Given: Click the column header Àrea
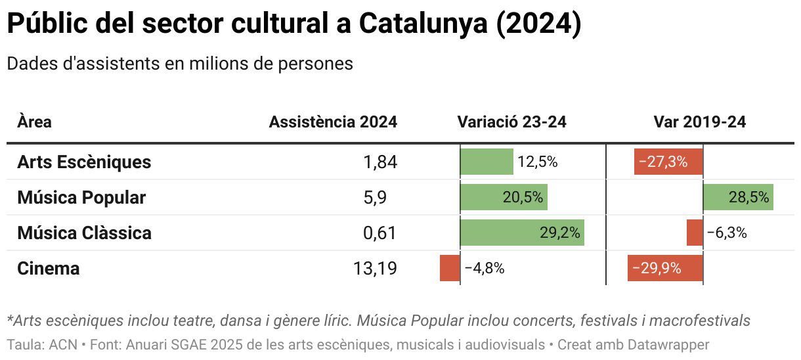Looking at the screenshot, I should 34,122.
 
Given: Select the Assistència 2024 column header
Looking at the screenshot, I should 333,122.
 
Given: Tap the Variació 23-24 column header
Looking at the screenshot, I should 511,122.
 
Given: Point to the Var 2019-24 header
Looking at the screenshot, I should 699,122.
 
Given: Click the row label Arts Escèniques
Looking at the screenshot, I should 84,162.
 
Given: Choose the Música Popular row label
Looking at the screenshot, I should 81,197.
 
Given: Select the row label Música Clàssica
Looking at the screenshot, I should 84,233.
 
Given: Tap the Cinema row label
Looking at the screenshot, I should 49,268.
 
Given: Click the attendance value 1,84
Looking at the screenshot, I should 380,162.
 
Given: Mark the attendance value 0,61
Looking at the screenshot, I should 380,233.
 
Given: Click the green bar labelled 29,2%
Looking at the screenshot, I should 522,233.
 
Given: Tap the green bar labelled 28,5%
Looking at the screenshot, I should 738,197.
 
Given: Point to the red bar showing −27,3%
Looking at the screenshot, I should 668,162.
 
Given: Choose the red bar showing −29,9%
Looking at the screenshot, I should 665,268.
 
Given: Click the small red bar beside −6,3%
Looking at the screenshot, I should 695,233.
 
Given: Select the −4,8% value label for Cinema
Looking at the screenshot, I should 485,268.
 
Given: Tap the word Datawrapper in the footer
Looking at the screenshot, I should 668,344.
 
